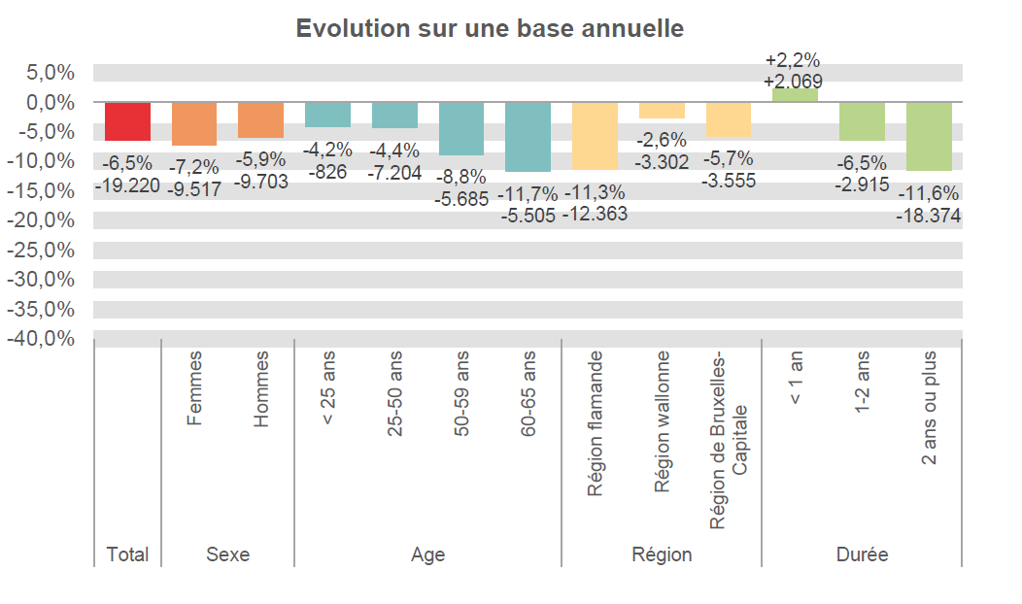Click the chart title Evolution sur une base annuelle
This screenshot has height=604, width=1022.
[x=490, y=28]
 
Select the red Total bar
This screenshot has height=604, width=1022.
[x=127, y=121]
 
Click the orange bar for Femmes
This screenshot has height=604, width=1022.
[x=194, y=123]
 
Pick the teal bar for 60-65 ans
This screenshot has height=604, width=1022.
[x=528, y=137]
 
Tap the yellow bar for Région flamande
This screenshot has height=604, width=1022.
[x=595, y=136]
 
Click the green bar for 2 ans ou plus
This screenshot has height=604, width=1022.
[x=929, y=136]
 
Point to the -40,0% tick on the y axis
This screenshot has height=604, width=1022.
[x=40, y=339]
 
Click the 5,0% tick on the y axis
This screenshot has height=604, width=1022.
[x=48, y=73]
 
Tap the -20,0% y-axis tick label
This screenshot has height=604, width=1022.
[x=40, y=220]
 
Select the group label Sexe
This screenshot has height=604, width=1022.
[x=227, y=554]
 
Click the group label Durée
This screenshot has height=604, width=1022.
[x=862, y=554]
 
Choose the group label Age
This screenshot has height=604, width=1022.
[x=427, y=554]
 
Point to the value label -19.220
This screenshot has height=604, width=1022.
[x=127, y=185]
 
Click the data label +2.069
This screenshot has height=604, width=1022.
[x=794, y=82]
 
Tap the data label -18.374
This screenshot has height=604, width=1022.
[x=928, y=216]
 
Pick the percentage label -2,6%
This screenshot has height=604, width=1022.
[x=662, y=140]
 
